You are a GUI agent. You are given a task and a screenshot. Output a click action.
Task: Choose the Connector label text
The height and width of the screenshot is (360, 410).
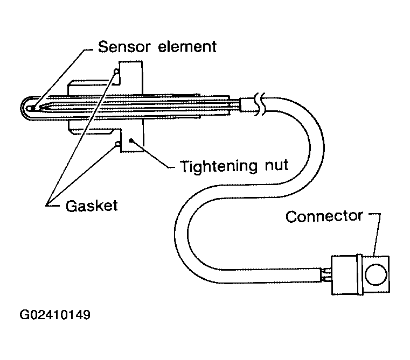[324, 216]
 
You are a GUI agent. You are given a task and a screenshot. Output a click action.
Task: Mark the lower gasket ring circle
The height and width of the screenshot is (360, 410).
[117, 144]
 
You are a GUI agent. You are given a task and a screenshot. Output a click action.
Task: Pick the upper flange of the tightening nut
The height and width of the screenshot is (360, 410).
[129, 73]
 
